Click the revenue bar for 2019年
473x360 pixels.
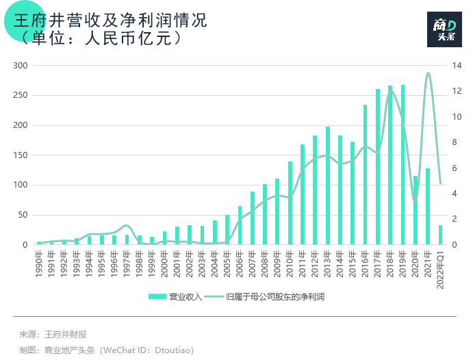tap(402, 165)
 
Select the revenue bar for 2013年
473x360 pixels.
tap(328, 185)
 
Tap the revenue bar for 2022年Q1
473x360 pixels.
tap(440, 235)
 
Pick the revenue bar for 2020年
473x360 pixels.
tap(415, 210)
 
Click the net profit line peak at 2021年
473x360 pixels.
tap(428, 73)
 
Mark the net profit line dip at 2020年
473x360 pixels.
tap(415, 201)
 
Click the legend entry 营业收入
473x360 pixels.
tap(175, 297)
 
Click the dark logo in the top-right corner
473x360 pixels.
tap(445, 29)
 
